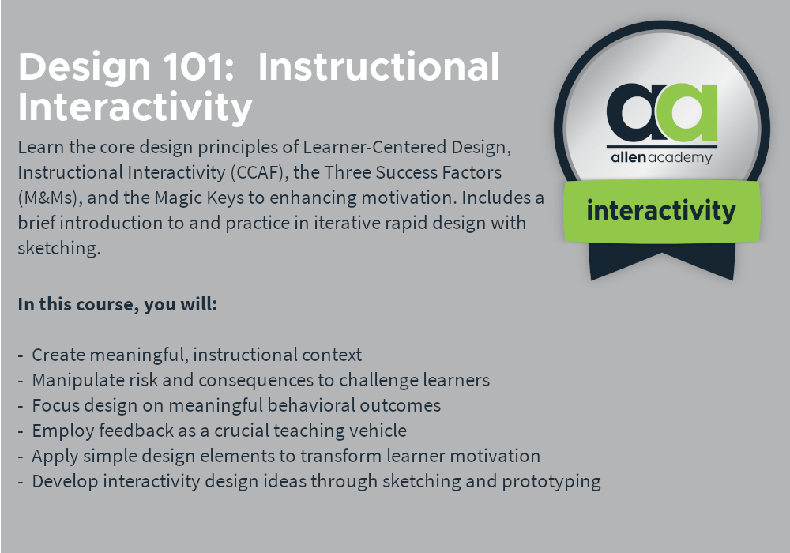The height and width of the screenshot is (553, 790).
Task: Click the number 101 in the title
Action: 198,66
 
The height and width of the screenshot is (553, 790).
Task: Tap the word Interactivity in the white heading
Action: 135,107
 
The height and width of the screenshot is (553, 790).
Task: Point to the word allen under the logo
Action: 628,157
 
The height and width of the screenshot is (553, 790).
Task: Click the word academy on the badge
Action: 680,158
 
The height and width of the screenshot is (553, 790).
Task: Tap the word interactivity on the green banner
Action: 661,210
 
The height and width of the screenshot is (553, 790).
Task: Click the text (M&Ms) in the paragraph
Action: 51,198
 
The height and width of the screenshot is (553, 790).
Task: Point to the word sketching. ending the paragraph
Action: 59,248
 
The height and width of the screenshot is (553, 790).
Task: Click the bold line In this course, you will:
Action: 118,304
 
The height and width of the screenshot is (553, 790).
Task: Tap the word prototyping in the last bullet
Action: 551,482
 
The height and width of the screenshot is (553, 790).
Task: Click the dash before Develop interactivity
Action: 21,482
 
